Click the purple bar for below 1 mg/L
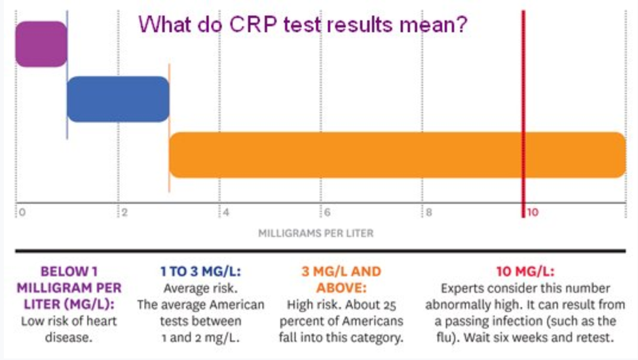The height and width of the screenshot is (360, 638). [x=41, y=44]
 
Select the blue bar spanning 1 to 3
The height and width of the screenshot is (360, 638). [x=118, y=99]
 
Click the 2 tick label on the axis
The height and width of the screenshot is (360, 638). [x=122, y=213]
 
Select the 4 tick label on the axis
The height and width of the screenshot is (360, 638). [x=225, y=213]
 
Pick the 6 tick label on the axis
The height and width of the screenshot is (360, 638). [x=326, y=213]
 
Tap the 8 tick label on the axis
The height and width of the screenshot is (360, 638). [x=428, y=213]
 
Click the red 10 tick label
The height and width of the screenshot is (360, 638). [x=532, y=213]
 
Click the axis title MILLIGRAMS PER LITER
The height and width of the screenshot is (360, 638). [x=316, y=232]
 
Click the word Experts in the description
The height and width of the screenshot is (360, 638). [x=464, y=288]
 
